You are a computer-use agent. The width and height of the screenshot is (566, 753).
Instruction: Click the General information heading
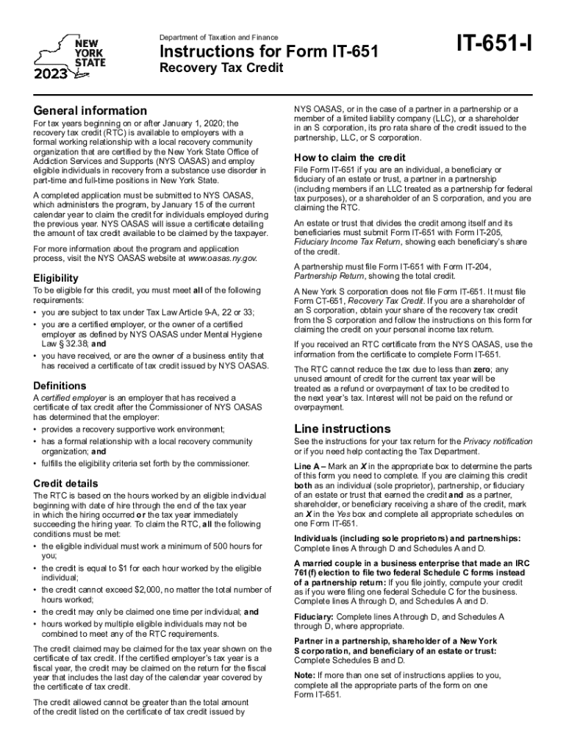click(x=85, y=110)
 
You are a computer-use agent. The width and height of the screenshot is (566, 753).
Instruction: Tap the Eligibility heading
click(x=56, y=279)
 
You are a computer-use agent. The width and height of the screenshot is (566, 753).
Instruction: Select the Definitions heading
click(x=60, y=386)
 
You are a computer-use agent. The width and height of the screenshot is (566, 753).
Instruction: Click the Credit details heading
click(x=65, y=484)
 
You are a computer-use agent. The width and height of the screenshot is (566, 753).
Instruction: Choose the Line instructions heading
click(x=343, y=429)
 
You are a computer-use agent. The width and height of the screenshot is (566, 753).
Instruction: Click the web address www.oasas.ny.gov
click(x=222, y=259)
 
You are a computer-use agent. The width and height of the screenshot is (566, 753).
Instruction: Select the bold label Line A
click(x=309, y=466)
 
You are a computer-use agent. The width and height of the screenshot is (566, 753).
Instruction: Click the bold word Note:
click(x=305, y=674)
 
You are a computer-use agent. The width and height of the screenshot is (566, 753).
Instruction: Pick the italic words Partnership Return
click(x=328, y=276)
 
